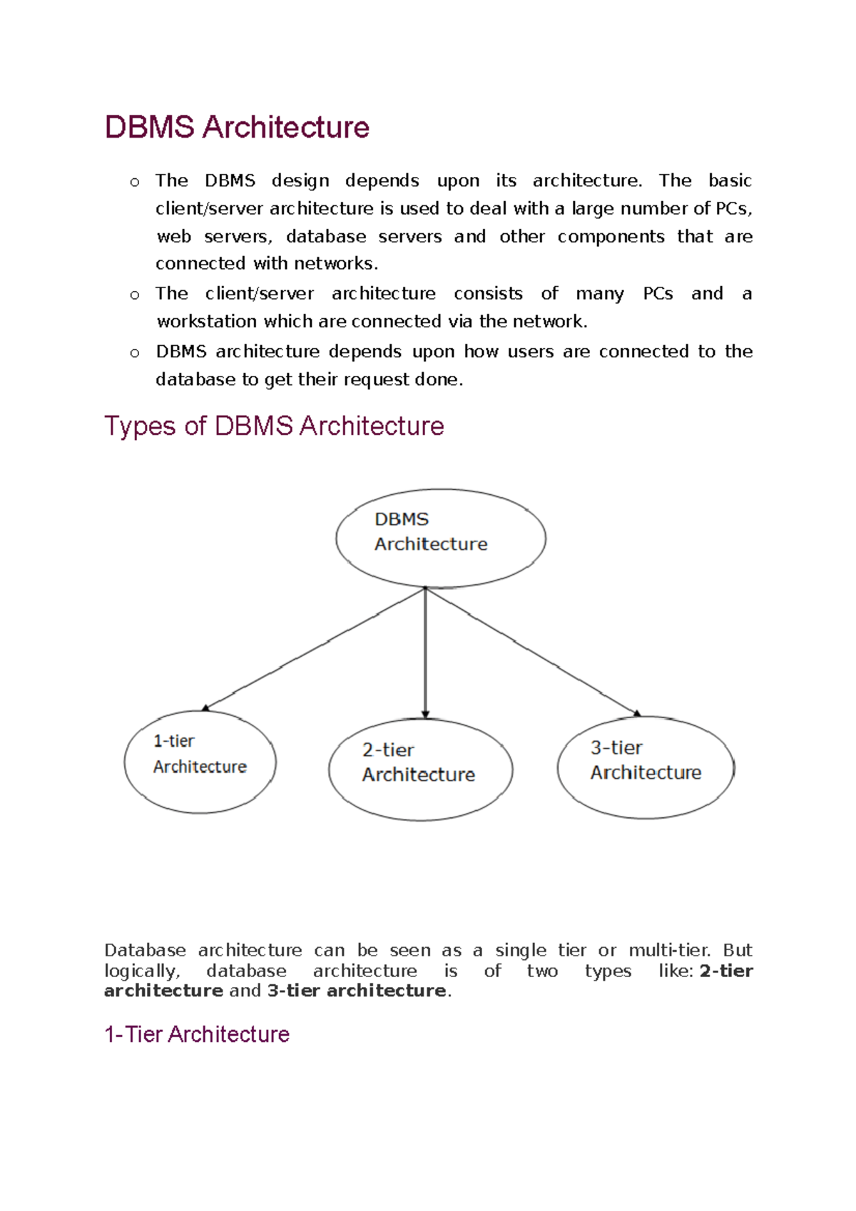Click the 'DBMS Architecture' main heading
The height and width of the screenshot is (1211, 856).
(x=237, y=128)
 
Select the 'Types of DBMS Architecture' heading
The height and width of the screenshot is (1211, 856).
(x=274, y=426)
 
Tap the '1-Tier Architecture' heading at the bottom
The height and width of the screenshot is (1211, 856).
(x=197, y=1034)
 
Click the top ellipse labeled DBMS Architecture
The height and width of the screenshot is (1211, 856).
(x=441, y=538)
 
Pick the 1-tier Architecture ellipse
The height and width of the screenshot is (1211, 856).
(x=200, y=761)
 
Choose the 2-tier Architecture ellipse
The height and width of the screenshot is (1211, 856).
(x=420, y=769)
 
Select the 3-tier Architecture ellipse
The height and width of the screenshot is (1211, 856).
(x=646, y=767)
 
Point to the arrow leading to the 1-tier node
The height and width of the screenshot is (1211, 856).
(x=314, y=649)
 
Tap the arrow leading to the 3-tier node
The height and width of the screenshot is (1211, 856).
(x=531, y=650)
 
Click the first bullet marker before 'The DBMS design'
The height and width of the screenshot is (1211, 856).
(x=135, y=183)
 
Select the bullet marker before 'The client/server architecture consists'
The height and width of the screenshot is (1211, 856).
(x=135, y=295)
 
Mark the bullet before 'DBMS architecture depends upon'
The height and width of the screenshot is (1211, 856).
(x=135, y=353)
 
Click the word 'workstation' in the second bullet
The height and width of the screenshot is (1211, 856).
(x=207, y=322)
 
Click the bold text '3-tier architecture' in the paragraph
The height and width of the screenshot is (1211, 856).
(x=357, y=991)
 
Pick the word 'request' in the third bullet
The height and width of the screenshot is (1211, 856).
(x=377, y=380)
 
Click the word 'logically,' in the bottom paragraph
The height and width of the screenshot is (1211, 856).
(x=142, y=971)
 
